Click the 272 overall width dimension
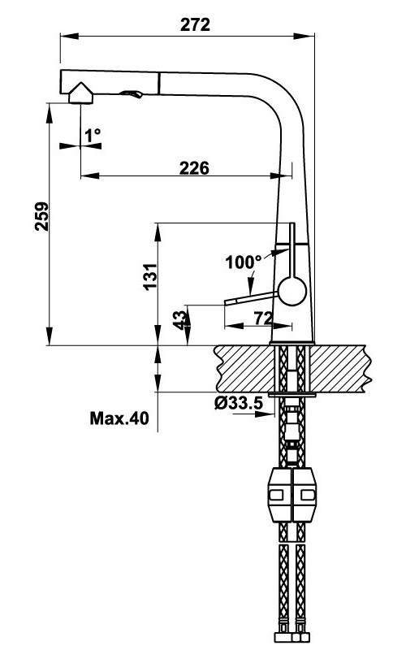click(195, 24)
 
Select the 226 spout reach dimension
click(194, 168)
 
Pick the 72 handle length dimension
click(261, 318)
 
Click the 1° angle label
click(92, 136)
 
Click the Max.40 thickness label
click(119, 419)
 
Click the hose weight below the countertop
click(292, 496)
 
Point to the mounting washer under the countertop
click(292, 394)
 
